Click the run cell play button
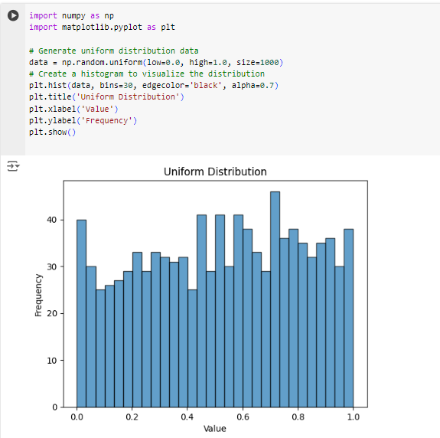[13, 15]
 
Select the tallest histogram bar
[275, 299]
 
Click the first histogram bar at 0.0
[81, 313]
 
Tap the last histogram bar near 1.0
[348, 318]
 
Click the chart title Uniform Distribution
[215, 172]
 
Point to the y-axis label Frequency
[38, 295]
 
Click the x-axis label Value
[215, 429]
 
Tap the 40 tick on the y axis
[52, 220]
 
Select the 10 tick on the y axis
[52, 360]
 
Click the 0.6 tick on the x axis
[243, 417]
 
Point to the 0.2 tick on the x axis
[132, 417]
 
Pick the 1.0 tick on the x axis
[353, 417]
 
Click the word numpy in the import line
[73, 16]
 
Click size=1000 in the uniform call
[258, 62]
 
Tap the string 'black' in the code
[206, 85]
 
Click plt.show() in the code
[52, 132]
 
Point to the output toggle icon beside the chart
[13, 166]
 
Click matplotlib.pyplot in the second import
[102, 28]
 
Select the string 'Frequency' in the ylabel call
[106, 120]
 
